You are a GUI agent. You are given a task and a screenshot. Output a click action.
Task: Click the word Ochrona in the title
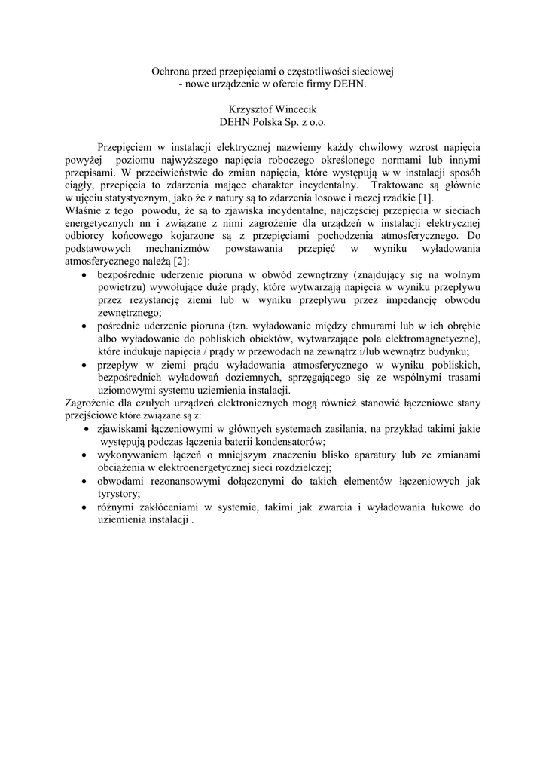click(x=170, y=71)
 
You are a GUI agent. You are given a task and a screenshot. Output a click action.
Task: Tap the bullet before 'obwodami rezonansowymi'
click(x=84, y=481)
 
